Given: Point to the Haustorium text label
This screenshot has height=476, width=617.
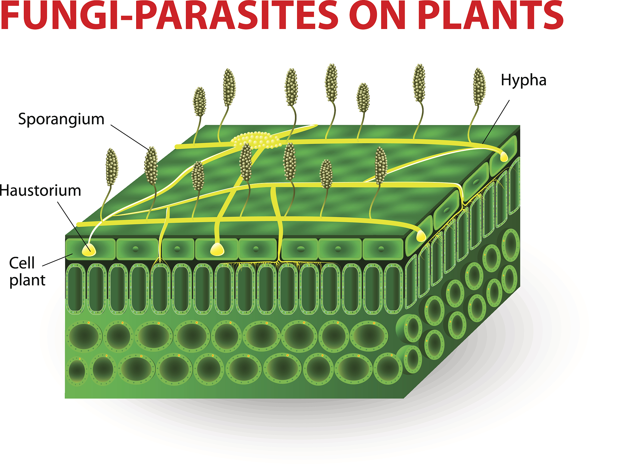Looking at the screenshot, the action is (40, 191).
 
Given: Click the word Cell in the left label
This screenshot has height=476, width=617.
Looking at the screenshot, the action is (22, 263).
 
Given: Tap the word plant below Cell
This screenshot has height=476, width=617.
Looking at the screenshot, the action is (27, 280).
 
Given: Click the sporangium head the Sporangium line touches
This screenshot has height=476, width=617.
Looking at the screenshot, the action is (151, 166).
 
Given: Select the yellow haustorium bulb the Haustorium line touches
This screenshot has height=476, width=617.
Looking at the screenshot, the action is (89, 250).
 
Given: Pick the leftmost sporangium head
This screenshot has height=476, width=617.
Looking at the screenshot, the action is (112, 167).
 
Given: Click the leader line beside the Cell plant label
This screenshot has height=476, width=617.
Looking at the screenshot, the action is (58, 260).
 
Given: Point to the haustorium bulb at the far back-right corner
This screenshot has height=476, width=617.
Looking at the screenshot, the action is (504, 156).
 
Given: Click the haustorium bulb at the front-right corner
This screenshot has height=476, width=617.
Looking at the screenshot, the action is (421, 236).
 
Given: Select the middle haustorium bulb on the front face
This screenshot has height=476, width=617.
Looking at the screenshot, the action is (217, 249).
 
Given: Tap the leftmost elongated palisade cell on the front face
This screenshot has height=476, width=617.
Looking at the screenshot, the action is (75, 289).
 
